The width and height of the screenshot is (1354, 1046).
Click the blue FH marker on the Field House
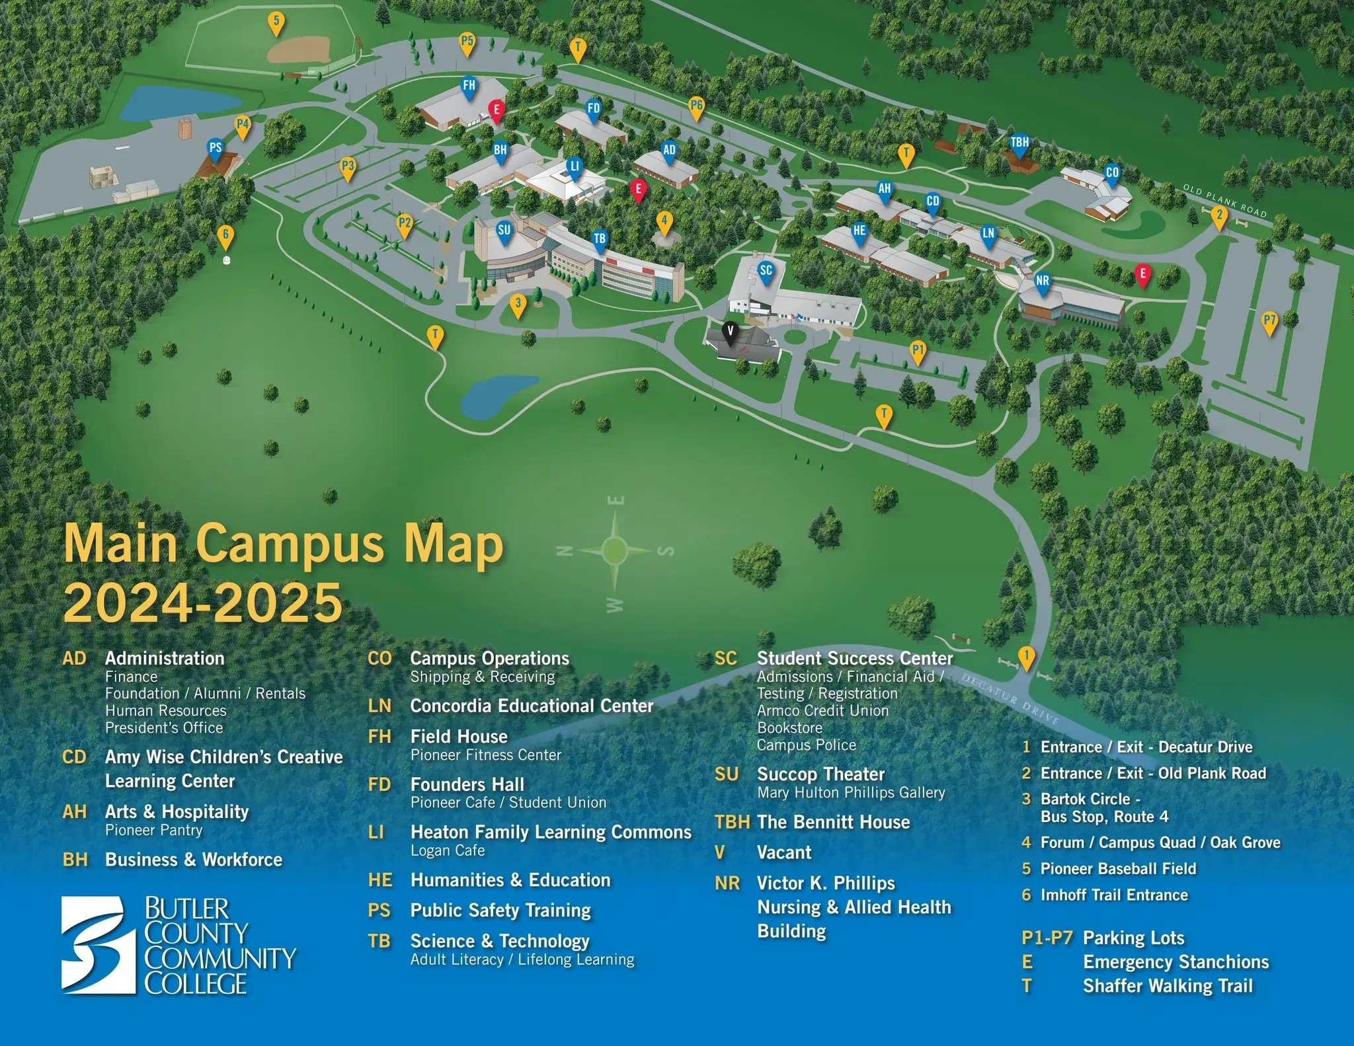coord(469,87)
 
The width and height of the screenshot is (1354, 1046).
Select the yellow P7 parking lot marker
coord(1269,322)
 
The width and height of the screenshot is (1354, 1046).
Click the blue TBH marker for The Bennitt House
coord(1019,144)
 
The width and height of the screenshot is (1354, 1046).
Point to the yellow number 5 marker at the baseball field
coord(276,22)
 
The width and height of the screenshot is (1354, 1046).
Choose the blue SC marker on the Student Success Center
coord(766,271)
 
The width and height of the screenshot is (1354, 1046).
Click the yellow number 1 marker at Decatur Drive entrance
coord(1026,657)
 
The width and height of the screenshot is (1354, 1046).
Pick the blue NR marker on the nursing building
coord(1043,282)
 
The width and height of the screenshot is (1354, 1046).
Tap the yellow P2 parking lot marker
coord(405,225)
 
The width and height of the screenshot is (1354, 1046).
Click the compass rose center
coord(615,549)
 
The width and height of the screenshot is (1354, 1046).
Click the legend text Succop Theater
coord(820,774)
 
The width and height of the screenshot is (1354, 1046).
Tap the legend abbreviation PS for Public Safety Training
coord(379,911)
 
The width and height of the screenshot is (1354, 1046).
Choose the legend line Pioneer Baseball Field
coord(1118,869)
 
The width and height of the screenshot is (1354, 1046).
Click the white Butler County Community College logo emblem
coord(93,944)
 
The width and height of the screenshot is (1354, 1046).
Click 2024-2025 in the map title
coord(203,603)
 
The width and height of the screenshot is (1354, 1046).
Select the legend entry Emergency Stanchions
coord(1175,962)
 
